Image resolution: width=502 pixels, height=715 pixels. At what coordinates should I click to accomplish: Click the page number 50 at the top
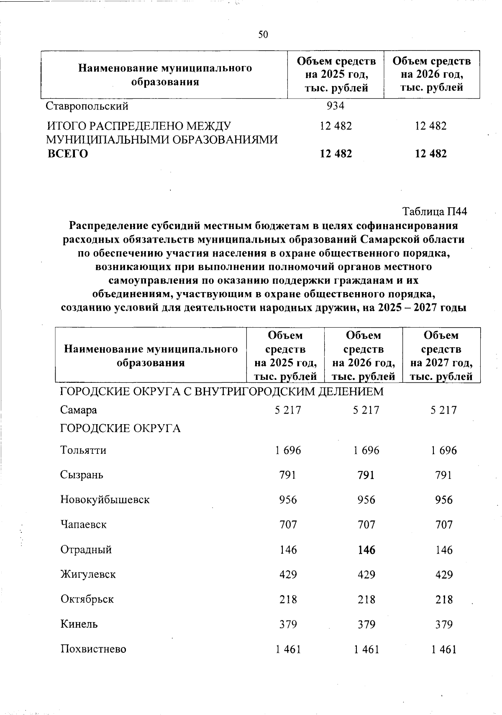click(x=263, y=35)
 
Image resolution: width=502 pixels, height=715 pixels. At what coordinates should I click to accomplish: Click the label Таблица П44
click(x=434, y=211)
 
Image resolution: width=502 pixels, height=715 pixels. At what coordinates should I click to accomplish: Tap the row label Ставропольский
click(x=87, y=106)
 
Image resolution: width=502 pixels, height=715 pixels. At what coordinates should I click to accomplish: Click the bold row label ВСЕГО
click(x=67, y=154)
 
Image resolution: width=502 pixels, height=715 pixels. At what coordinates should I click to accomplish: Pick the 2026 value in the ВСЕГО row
click(x=430, y=154)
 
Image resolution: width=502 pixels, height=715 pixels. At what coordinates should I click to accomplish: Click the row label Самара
click(x=79, y=410)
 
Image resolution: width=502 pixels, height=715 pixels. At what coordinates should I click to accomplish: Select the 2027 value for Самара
click(x=443, y=410)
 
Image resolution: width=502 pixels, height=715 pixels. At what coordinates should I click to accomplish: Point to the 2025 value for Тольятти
click(x=288, y=450)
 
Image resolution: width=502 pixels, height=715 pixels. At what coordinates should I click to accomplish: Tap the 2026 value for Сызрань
click(x=366, y=475)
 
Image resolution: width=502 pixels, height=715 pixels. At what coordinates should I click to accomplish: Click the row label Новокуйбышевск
click(x=105, y=500)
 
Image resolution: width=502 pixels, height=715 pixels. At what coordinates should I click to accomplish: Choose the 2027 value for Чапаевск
click(x=443, y=524)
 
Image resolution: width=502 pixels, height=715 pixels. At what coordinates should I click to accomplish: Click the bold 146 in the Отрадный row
click(x=366, y=550)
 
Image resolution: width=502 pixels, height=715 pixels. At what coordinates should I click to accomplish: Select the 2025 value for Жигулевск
click(x=288, y=574)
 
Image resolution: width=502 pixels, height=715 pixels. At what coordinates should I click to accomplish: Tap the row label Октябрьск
click(x=87, y=599)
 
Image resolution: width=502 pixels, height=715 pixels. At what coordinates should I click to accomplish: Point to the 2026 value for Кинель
click(x=366, y=624)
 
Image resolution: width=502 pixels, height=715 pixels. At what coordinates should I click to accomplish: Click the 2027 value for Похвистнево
click(x=443, y=649)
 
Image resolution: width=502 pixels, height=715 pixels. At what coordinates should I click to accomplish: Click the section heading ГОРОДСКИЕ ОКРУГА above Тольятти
click(x=120, y=428)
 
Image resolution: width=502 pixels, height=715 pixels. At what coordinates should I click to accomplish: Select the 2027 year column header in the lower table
click(x=441, y=356)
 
